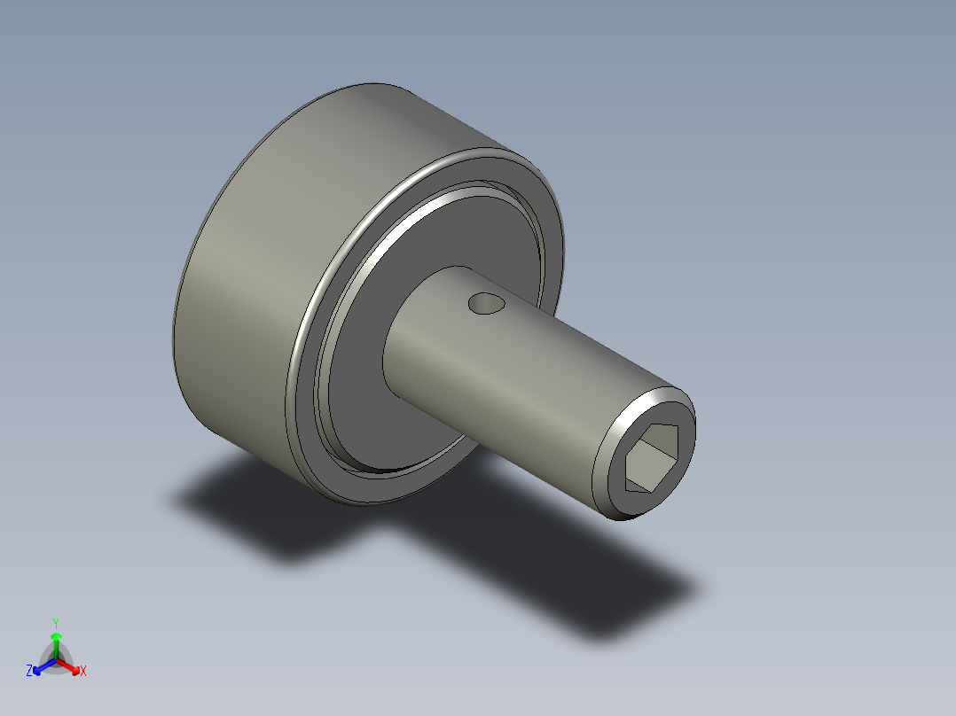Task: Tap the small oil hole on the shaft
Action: click(485, 304)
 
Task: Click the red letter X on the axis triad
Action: click(83, 672)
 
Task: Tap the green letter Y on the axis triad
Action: click(56, 623)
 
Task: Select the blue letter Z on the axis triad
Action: click(29, 672)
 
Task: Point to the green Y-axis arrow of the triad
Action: click(56, 640)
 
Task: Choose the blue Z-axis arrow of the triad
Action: click(41, 666)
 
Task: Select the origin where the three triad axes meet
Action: click(56, 660)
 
